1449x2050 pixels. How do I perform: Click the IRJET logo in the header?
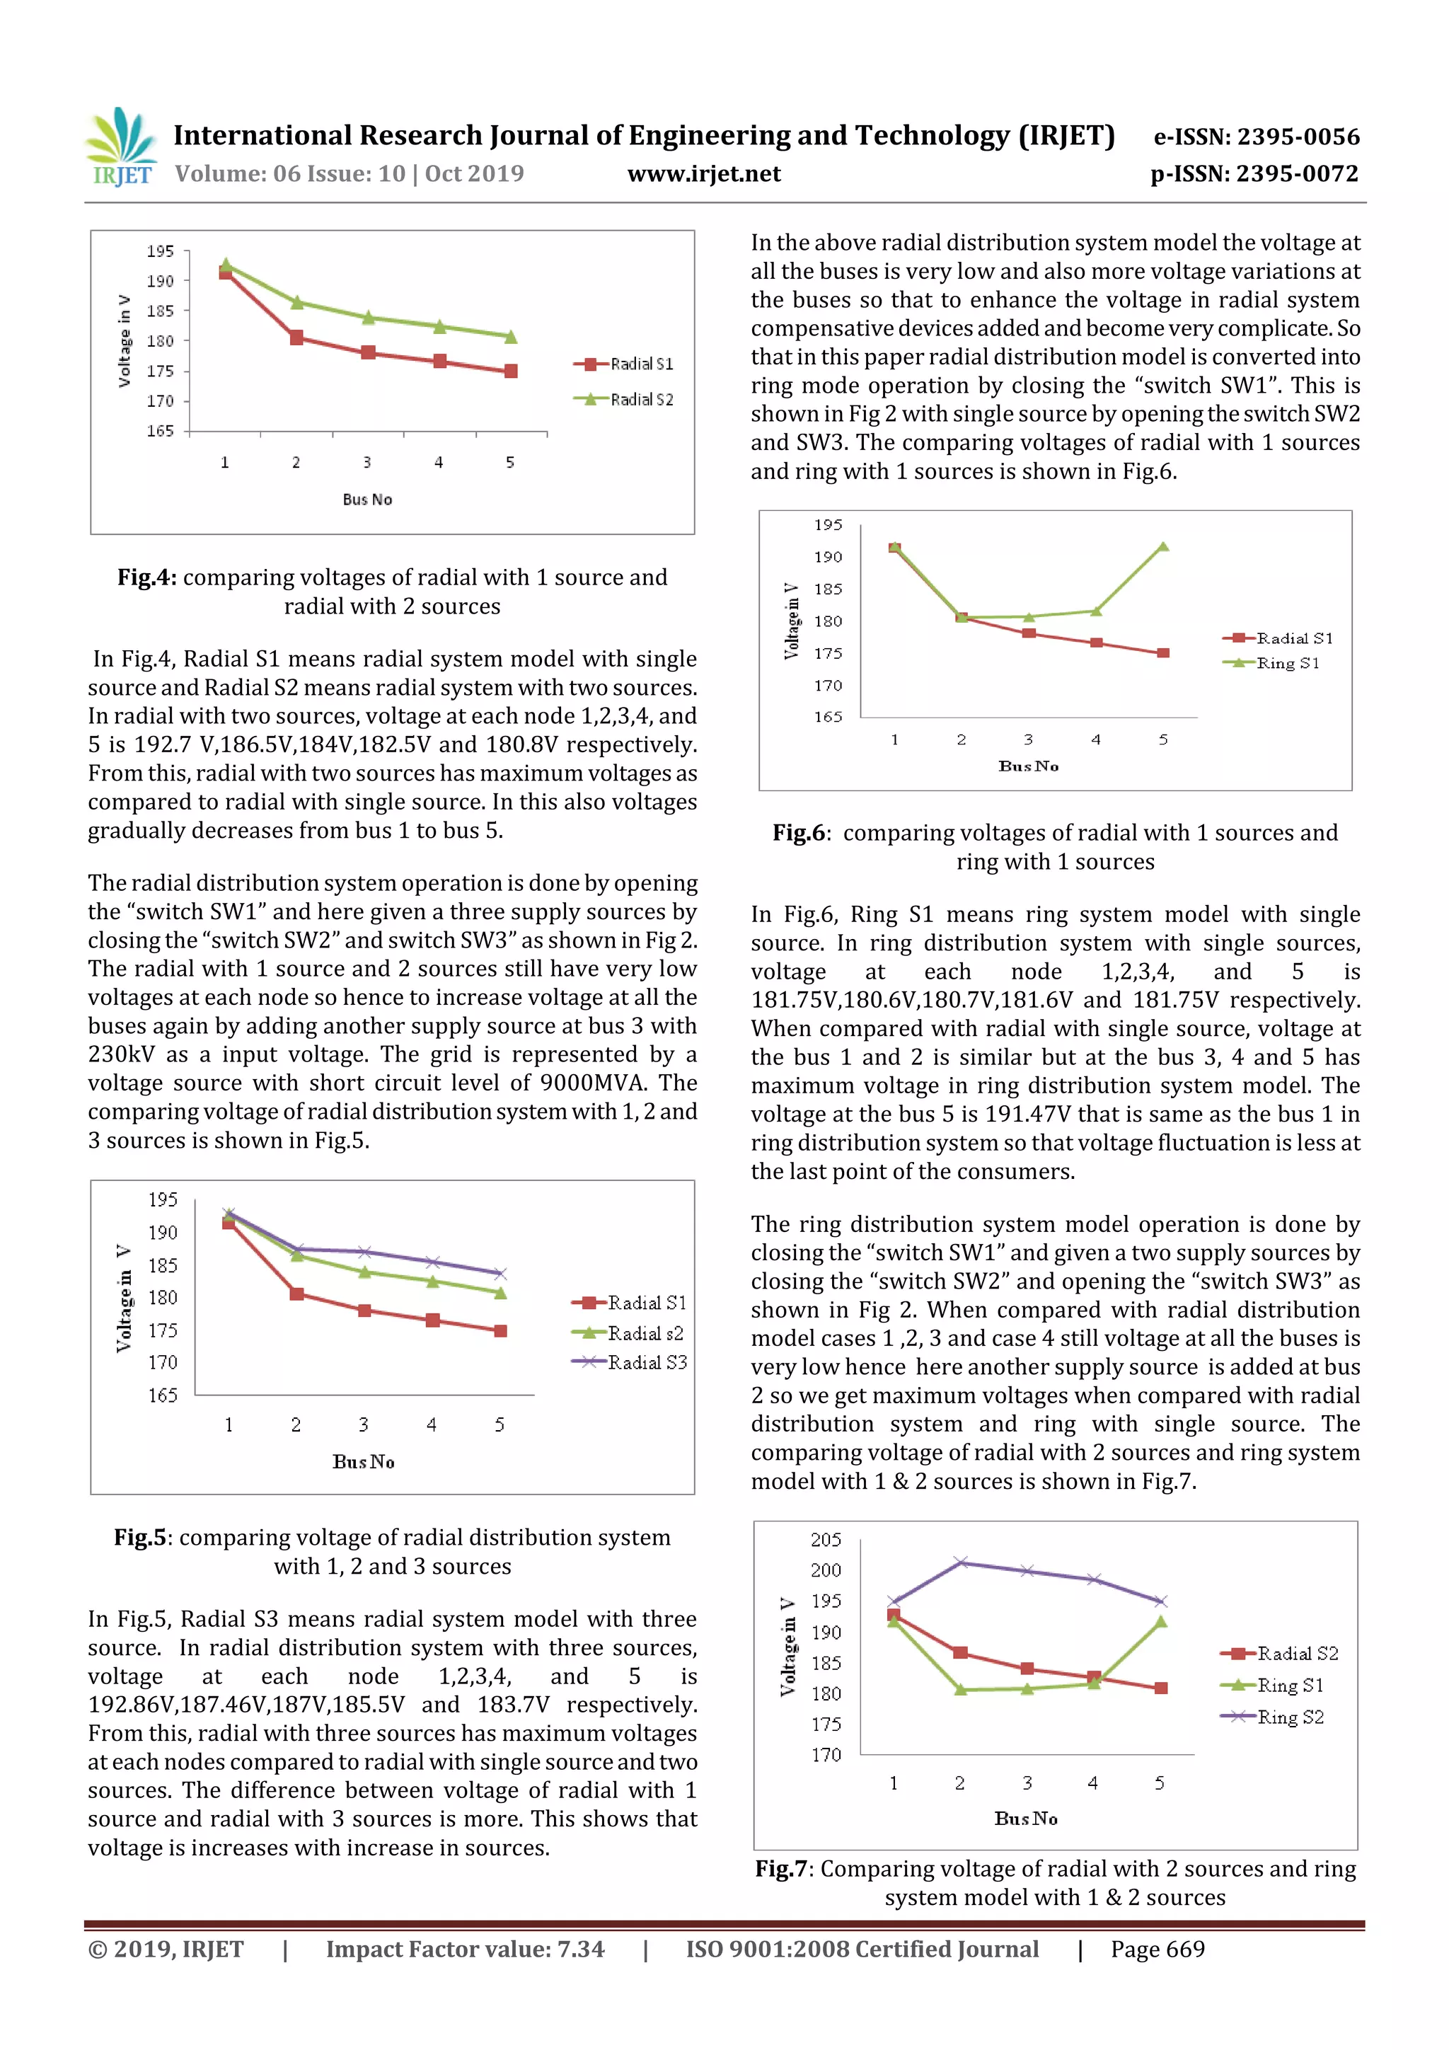coord(120,147)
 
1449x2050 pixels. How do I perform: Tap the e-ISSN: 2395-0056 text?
coord(1256,137)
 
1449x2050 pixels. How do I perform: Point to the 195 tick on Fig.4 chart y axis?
coord(161,251)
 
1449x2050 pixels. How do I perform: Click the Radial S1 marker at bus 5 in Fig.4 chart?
coord(511,371)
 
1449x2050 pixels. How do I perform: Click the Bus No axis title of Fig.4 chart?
coord(367,499)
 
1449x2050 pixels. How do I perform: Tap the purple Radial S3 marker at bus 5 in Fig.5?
coord(500,1273)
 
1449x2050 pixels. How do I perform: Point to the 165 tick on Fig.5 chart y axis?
coord(163,1395)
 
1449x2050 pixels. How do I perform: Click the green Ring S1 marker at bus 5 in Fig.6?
coord(1163,546)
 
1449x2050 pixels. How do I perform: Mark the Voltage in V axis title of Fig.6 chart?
coord(791,621)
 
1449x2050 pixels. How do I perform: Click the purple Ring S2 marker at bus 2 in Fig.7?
coord(961,1562)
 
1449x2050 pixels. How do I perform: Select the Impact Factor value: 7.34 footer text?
coord(465,1949)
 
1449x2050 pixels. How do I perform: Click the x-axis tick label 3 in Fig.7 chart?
coord(1027,1783)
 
